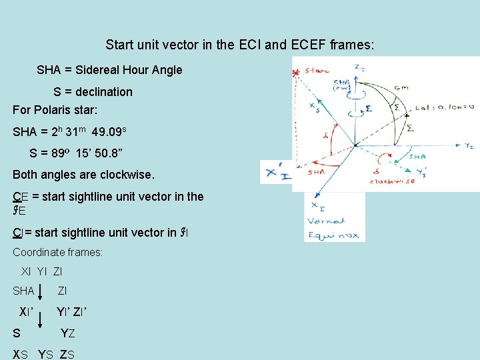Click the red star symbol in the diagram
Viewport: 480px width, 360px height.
(296, 73)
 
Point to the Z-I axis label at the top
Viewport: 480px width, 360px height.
(359, 68)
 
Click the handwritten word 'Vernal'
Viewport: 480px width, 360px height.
(325, 221)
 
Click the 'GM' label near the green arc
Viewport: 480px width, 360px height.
(401, 87)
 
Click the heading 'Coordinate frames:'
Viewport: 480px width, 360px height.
(58, 252)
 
